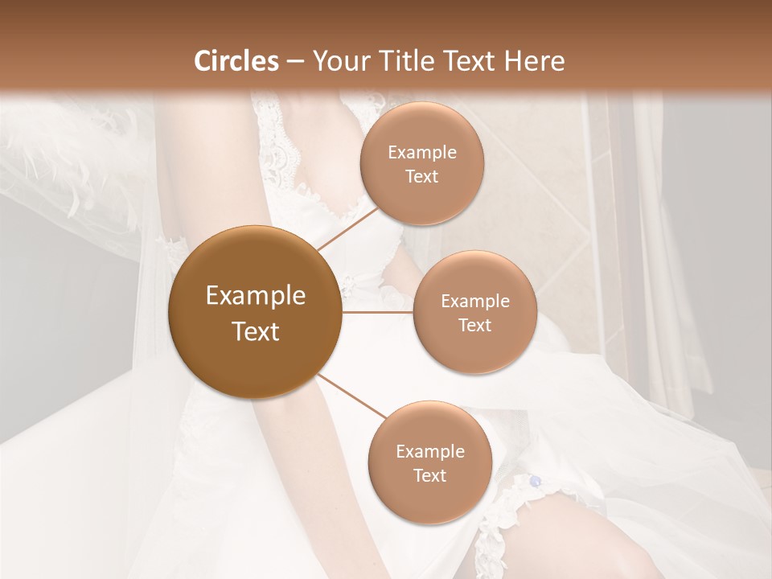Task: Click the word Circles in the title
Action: pyautogui.click(x=236, y=61)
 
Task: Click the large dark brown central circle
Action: pyautogui.click(x=255, y=312)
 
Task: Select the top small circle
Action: pyautogui.click(x=422, y=164)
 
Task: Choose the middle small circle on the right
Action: pyautogui.click(x=474, y=312)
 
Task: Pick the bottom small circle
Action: pyautogui.click(x=429, y=462)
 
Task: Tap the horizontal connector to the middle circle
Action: pyautogui.click(x=377, y=312)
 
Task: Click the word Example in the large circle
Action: pyautogui.click(x=255, y=296)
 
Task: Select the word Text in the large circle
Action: pyautogui.click(x=255, y=331)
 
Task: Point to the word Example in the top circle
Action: pyautogui.click(x=422, y=153)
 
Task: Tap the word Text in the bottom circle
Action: pyautogui.click(x=429, y=475)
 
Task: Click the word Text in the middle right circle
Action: pyautogui.click(x=474, y=325)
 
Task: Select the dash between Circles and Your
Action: pyautogui.click(x=295, y=62)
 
